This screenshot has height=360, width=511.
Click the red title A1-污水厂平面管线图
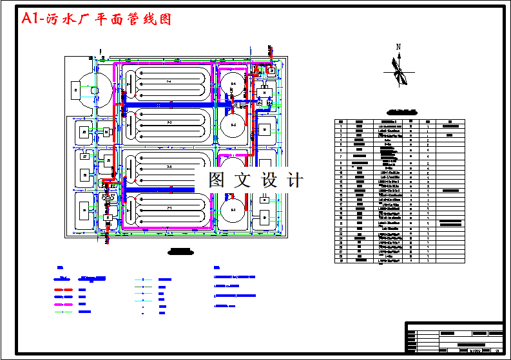coord(97,19)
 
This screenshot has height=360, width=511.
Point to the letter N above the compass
coord(399,46)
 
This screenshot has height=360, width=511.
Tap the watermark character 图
coord(217,180)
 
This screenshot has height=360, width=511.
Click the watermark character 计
coord(295,180)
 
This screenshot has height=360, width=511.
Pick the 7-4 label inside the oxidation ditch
coord(169,82)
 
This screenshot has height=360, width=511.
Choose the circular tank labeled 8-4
coord(233,84)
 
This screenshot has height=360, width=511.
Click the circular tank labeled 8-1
coord(233,210)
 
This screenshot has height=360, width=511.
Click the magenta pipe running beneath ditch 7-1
coord(168,227)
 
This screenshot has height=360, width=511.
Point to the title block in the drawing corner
coord(454,337)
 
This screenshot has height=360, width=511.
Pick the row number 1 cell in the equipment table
coord(340,126)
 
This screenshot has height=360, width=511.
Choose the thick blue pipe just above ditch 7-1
coord(158,190)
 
